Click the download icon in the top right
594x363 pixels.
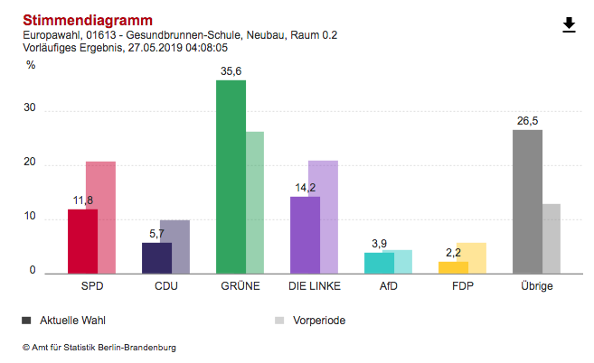click(569, 24)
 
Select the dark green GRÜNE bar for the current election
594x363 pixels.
click(231, 177)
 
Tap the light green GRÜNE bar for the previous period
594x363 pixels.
click(255, 203)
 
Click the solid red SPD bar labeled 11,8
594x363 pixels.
click(82, 241)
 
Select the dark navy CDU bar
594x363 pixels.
click(156, 257)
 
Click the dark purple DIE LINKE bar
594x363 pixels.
click(305, 235)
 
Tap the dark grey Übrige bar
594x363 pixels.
click(527, 201)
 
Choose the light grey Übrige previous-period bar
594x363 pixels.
click(552, 238)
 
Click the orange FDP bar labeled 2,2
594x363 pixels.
click(453, 267)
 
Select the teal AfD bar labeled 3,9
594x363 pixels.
click(379, 263)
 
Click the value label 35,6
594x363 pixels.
click(231, 72)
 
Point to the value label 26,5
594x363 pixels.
click(527, 121)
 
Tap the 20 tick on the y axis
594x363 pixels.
click(31, 163)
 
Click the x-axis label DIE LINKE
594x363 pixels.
click(313, 286)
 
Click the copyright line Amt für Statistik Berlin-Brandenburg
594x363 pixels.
click(99, 347)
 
